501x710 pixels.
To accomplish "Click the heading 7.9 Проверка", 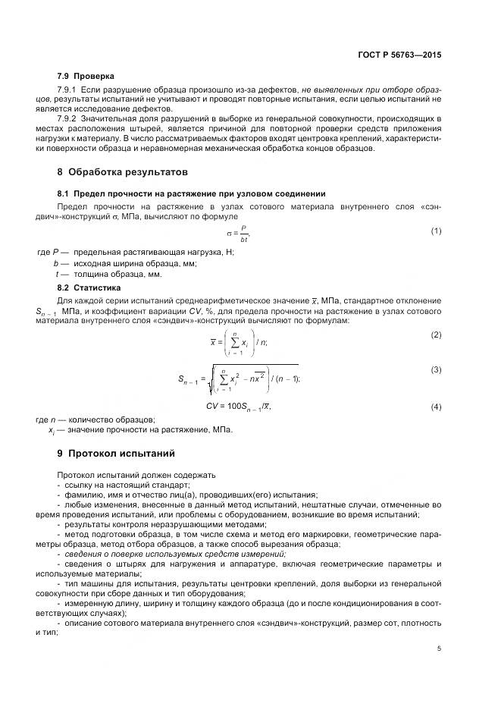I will pyautogui.click(x=86, y=76).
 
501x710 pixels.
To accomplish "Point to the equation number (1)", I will pyautogui.click(x=436, y=231).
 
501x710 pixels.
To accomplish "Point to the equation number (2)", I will pyautogui.click(x=436, y=335).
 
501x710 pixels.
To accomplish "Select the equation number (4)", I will pyautogui.click(x=436, y=407).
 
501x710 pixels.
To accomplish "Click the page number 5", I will pyautogui.click(x=440, y=648).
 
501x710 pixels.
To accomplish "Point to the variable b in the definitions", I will pyautogui.click(x=57, y=263).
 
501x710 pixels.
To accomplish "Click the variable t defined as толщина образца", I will pyautogui.click(x=58, y=274).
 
